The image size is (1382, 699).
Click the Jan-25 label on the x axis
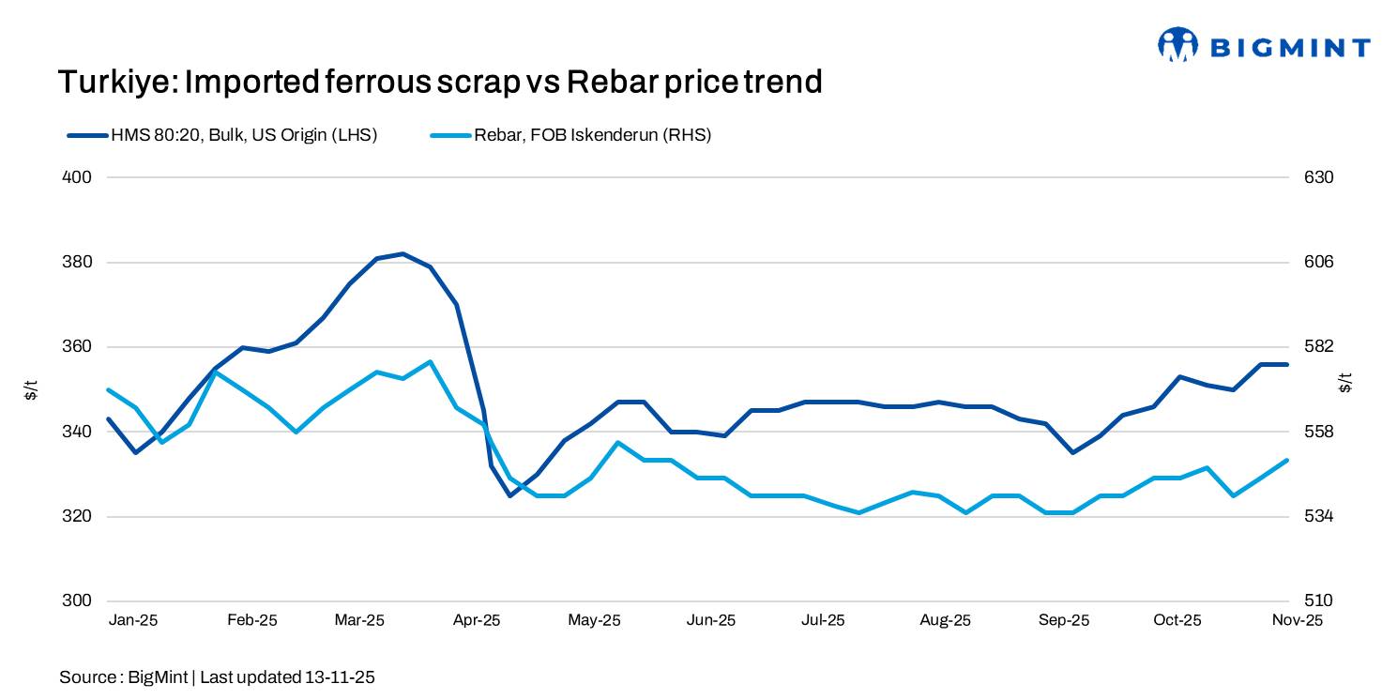(133, 620)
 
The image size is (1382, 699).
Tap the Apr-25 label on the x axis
(478, 620)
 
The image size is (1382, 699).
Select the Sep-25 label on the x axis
(1064, 620)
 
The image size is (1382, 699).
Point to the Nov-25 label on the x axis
(1297, 620)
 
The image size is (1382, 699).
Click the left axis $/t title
(31, 388)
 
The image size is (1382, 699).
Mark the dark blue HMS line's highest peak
(402, 253)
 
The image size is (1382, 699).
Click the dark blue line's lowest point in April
(509, 495)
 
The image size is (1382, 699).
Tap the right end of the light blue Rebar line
(1287, 460)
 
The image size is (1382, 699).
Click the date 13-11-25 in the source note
(340, 677)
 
